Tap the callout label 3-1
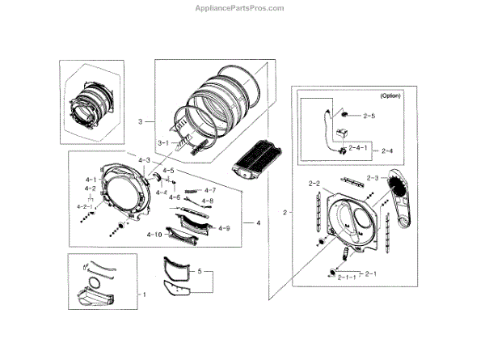[162, 143]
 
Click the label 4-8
[208, 201]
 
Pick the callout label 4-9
[224, 228]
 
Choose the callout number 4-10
[154, 235]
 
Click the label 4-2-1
[85, 206]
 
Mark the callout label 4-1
[90, 180]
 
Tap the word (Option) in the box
[390, 95]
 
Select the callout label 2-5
[369, 116]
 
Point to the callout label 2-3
[373, 177]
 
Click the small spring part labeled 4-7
[191, 191]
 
